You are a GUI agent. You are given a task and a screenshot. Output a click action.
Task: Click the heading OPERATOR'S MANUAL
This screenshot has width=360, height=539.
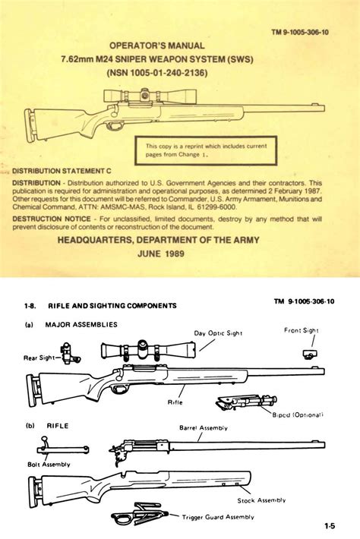click(x=179, y=46)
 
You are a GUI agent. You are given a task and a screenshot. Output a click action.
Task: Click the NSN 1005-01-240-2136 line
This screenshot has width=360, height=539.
click(x=179, y=74)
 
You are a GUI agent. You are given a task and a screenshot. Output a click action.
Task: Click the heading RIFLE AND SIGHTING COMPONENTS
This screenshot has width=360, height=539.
click(x=109, y=305)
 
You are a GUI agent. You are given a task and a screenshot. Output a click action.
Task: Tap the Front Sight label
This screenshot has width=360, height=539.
click(x=302, y=330)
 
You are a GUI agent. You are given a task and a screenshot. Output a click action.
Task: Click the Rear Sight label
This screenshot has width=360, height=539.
click(x=41, y=357)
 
